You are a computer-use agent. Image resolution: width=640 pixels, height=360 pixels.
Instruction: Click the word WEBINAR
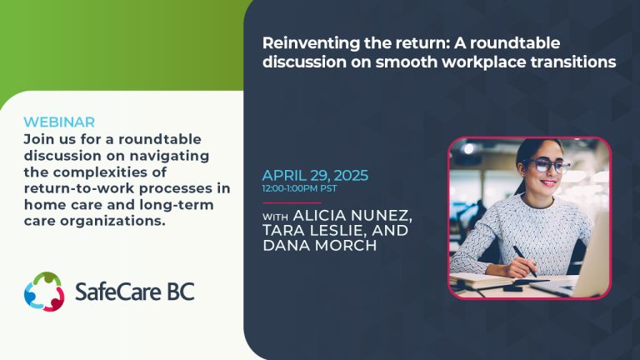point(59,122)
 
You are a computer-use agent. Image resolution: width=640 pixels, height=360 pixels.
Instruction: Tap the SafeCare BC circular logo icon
point(44,292)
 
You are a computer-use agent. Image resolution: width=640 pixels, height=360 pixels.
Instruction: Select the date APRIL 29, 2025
point(315,176)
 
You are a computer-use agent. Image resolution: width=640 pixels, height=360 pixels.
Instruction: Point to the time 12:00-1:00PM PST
point(300,188)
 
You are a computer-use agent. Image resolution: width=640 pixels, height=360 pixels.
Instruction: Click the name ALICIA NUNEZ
point(352,216)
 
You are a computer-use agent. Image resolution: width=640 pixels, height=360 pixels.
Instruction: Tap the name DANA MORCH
point(320,246)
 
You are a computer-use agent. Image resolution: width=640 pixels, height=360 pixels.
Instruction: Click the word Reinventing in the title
point(311,43)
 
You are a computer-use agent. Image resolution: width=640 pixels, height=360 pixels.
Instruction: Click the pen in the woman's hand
point(525,261)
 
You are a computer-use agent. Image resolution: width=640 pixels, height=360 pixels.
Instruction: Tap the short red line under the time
point(292,202)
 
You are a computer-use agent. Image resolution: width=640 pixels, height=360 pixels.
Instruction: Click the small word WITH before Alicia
point(276,217)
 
